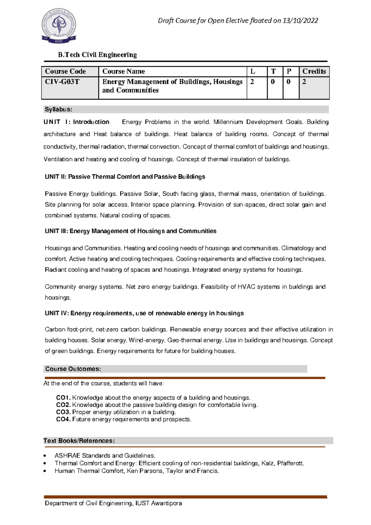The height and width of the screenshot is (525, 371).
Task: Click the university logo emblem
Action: coord(58,26)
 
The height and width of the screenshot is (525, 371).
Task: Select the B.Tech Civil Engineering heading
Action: coord(97,55)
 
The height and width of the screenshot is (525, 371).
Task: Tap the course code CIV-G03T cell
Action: coord(62,82)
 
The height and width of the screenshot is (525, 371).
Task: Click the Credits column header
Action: coord(314,72)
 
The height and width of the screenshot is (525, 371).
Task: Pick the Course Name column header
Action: coord(124,72)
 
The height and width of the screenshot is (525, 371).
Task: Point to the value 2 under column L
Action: coord(252,82)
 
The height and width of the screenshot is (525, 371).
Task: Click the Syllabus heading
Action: coord(58,109)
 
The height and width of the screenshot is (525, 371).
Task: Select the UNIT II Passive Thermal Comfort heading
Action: coord(125,177)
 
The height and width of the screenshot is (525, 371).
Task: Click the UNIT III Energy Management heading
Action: coord(130,231)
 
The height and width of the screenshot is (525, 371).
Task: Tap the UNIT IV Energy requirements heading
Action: coord(144,313)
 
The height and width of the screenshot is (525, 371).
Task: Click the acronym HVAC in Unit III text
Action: coord(246,287)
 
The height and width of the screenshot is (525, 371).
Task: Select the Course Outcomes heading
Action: coord(73,369)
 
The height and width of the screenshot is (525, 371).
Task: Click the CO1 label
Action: coord(63,398)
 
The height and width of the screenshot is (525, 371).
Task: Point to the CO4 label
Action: coord(63,419)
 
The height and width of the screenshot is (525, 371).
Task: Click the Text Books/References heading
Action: coord(79,441)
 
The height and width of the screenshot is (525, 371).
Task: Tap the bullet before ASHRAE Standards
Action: coord(45,456)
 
